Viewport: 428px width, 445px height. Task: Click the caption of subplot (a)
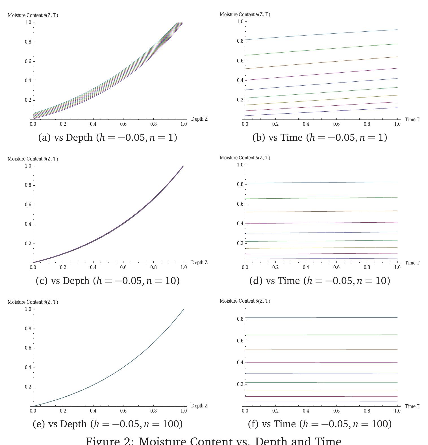[108, 138]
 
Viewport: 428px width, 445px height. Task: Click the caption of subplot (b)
[320, 138]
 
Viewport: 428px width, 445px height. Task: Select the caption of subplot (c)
[108, 281]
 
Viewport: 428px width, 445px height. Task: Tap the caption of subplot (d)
[320, 281]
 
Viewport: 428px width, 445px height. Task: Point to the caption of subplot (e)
[108, 424]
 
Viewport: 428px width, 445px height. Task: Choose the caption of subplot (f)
[320, 424]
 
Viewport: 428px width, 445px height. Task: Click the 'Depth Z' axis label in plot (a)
[199, 119]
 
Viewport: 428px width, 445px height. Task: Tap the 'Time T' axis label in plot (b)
[412, 120]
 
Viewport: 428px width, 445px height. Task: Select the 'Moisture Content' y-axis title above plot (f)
[245, 301]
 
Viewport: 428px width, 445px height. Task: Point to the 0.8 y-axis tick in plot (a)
[28, 42]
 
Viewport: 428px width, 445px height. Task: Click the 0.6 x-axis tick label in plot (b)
[336, 124]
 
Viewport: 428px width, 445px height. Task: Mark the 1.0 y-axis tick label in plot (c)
[28, 166]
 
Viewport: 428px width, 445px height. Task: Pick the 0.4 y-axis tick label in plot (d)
[240, 223]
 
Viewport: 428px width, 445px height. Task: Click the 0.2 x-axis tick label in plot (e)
[63, 411]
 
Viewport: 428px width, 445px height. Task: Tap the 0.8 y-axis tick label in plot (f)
[240, 319]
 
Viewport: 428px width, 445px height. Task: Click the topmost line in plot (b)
[321, 34]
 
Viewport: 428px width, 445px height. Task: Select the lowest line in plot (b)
[321, 112]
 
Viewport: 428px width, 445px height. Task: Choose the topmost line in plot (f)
[321, 317]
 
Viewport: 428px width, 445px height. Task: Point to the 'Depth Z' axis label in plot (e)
[199, 406]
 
